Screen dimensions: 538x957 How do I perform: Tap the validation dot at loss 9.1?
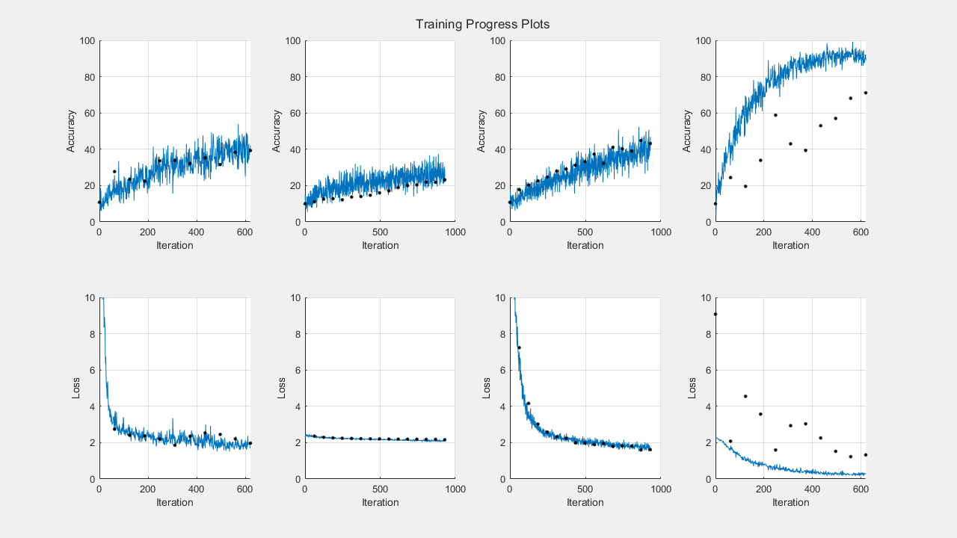click(716, 314)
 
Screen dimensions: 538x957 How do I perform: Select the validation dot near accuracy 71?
click(865, 93)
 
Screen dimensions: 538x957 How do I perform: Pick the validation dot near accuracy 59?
click(775, 115)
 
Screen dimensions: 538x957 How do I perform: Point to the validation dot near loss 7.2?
click(519, 347)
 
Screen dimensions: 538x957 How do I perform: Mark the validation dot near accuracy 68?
click(850, 98)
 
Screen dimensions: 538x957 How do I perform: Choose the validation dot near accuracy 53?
click(820, 126)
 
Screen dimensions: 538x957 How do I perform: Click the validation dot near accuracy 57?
click(835, 118)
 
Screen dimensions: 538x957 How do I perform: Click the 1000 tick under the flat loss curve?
click(455, 489)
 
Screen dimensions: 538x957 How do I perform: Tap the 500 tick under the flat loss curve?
click(380, 489)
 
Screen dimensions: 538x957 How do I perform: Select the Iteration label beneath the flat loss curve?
click(380, 502)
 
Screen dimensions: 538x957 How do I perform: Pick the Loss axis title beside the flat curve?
click(282, 388)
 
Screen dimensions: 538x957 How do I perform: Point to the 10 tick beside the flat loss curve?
click(296, 297)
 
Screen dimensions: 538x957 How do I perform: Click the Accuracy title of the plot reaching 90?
click(688, 131)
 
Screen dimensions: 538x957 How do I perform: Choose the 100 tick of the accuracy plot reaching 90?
click(702, 40)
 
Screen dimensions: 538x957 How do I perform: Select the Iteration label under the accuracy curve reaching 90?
click(790, 245)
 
